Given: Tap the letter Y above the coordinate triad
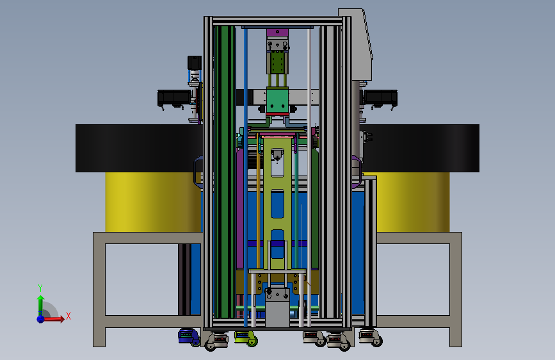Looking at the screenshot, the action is click(40, 288).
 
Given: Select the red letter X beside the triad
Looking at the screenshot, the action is click(68, 316).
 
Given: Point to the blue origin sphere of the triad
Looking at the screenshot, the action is click(41, 319).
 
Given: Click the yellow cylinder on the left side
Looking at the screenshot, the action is click(153, 202).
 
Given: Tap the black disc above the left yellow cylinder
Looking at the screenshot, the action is click(139, 148).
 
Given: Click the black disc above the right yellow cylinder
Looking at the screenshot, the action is click(420, 148).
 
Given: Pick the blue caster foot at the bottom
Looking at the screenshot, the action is click(189, 336).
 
